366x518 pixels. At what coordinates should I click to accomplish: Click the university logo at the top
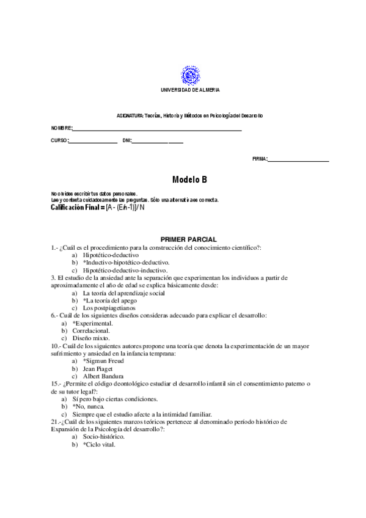(x=189, y=76)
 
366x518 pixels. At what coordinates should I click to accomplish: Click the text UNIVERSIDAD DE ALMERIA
(x=189, y=90)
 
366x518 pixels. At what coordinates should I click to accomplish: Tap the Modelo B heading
(x=189, y=180)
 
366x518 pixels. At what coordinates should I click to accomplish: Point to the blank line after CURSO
(x=93, y=142)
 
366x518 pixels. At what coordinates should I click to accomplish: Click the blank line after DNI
(x=158, y=142)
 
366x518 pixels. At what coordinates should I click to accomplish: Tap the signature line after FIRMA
(x=298, y=161)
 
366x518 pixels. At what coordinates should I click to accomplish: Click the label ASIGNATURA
(x=130, y=115)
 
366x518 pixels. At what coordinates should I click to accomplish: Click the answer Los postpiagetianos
(x=109, y=308)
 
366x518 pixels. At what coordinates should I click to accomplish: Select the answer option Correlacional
(x=92, y=330)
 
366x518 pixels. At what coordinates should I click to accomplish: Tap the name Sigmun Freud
(x=109, y=361)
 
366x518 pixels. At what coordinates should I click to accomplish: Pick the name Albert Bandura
(x=106, y=376)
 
